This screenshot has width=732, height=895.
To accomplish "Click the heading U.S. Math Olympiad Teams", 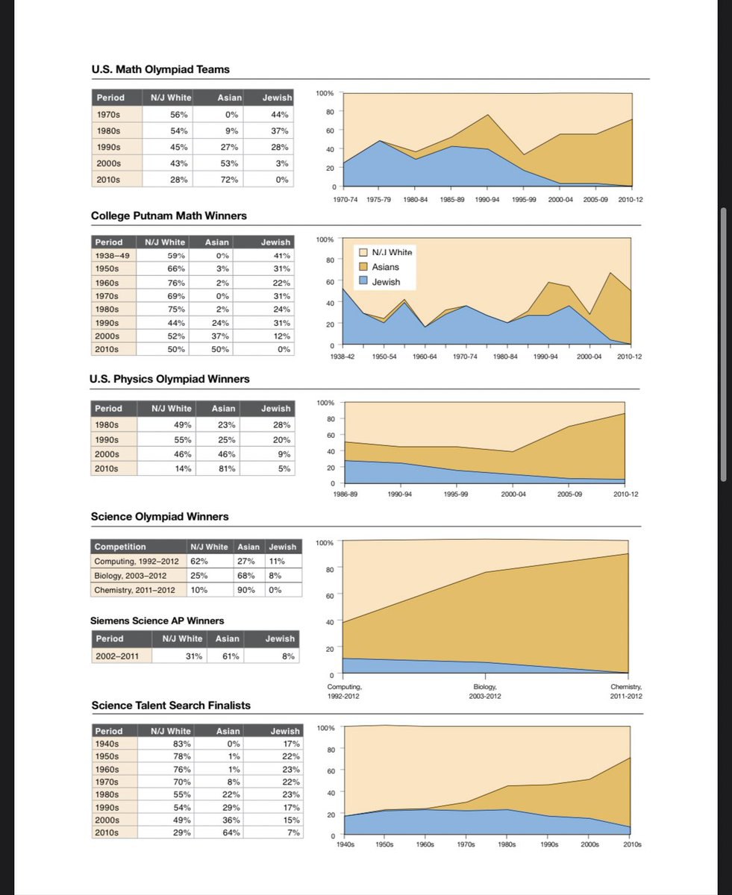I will (160, 69).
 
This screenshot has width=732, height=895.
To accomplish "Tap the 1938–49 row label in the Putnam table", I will (113, 255).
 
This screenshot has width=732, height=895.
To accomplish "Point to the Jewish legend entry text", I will (386, 282).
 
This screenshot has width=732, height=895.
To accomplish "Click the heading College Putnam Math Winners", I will (169, 216).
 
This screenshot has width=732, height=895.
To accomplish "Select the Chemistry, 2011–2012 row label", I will (135, 590).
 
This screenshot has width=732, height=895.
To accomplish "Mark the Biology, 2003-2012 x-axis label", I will (487, 691).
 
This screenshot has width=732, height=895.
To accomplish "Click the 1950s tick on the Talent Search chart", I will (384, 845).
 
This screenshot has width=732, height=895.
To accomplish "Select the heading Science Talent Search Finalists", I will (171, 706).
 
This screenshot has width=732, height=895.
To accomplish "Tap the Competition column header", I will (121, 547).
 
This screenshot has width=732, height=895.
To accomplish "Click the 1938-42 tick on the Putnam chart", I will (342, 357).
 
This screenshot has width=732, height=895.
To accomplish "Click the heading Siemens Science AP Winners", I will (157, 621).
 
